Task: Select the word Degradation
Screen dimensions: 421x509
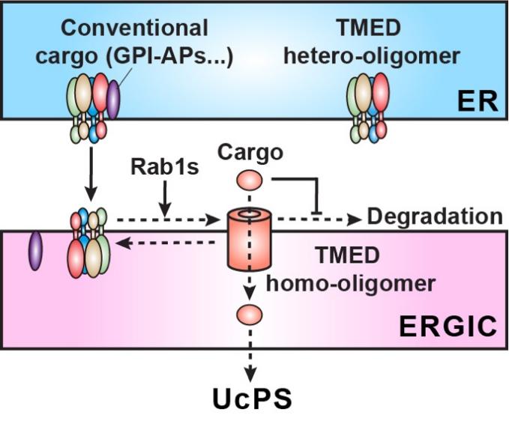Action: coord(433,217)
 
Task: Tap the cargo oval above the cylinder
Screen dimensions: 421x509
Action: coord(250,181)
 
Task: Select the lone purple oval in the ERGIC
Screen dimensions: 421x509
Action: coord(36,249)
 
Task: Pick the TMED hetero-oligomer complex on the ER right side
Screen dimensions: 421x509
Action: coord(367,105)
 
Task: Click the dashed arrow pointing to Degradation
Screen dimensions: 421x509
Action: coord(319,219)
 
